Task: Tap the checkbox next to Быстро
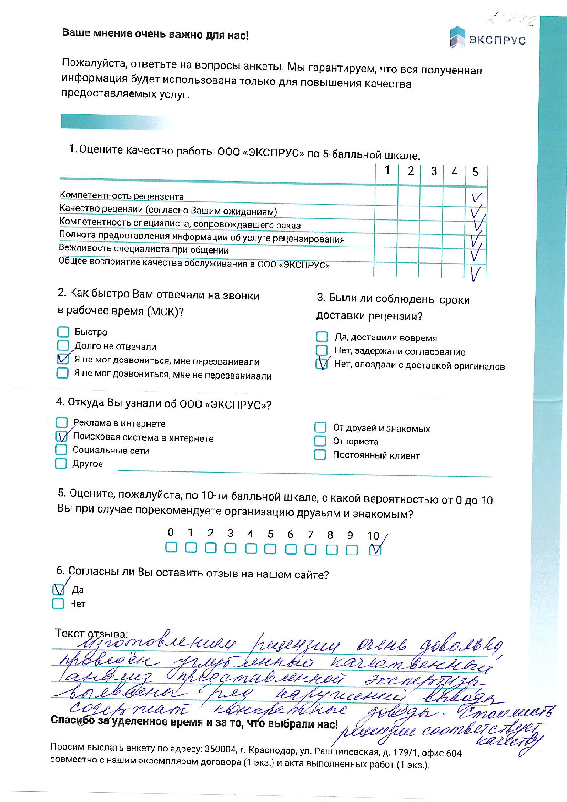pos(63,332)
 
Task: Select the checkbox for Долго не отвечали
pos(63,345)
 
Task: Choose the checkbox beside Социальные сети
pos(61,450)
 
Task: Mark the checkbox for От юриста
pos(320,441)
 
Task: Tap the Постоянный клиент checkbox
pos(320,455)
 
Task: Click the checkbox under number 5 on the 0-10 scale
pos(270,548)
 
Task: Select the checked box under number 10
pos(375,550)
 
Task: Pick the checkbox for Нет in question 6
pos(58,604)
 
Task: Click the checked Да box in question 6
pos(59,589)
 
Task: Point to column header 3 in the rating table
pos(434,172)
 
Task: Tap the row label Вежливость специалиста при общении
pos(143,249)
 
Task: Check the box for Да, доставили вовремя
pos(322,337)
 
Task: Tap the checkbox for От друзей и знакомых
pos(320,428)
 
